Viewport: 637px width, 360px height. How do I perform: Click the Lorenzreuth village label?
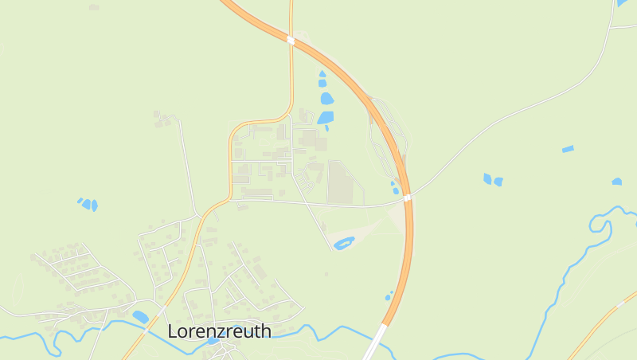(x=219, y=331)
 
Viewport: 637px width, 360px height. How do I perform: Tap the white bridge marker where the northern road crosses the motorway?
(x=291, y=40)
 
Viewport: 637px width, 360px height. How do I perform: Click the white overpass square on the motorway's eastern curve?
(x=407, y=198)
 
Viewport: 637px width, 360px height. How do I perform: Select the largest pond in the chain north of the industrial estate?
(x=326, y=100)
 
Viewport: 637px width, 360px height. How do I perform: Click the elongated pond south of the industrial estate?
(x=344, y=243)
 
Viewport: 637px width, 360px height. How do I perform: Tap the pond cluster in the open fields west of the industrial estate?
(x=88, y=204)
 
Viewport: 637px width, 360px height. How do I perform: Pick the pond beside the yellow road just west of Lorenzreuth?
(x=140, y=317)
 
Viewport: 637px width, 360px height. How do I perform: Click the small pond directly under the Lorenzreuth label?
(x=213, y=342)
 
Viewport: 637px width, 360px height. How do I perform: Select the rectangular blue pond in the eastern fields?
(x=568, y=149)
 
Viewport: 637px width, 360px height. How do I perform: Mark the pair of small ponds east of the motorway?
(x=492, y=180)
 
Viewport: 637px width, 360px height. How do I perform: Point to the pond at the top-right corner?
(x=622, y=3)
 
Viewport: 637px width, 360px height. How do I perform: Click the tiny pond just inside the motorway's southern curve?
(x=389, y=297)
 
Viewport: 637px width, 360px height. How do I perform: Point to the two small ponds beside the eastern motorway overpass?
(x=394, y=187)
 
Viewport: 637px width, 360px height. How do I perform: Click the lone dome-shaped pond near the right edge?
(x=617, y=182)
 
